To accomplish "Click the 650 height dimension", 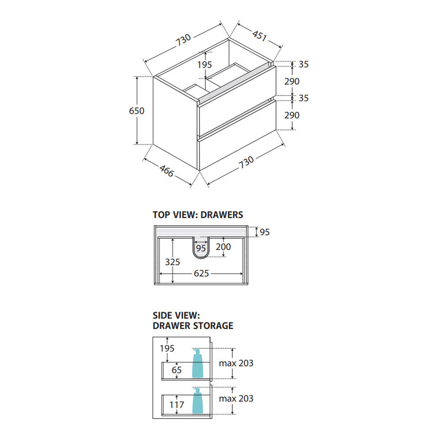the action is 137,111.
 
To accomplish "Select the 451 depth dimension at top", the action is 260,36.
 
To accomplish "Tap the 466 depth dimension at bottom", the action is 166,171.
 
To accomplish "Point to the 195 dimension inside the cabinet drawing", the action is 204,65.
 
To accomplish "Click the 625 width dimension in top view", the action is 201,273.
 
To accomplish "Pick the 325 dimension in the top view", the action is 173,262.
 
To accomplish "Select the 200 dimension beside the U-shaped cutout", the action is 223,247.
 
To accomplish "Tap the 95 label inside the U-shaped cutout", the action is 201,249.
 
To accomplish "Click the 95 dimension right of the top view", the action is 265,232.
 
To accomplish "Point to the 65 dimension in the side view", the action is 177,370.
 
